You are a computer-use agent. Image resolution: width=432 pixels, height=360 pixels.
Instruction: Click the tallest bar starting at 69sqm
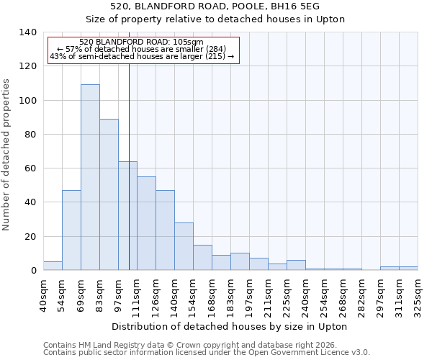tap(90, 177)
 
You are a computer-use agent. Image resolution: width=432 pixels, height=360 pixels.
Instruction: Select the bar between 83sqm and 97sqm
tap(109, 194)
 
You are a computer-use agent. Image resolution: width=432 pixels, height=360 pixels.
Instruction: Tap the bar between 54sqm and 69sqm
tap(71, 230)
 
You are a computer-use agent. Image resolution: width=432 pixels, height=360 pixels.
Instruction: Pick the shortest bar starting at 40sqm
tap(53, 266)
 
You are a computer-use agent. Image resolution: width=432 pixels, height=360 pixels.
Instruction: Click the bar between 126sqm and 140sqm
tap(165, 230)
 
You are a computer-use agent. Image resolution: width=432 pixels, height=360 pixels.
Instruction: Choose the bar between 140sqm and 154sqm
tap(184, 246)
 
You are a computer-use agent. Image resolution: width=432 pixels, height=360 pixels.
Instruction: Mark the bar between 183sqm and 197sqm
tap(240, 261)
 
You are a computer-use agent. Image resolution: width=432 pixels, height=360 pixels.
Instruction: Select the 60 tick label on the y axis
tap(30, 168)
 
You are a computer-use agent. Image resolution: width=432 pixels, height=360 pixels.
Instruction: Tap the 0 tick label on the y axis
tap(33, 271)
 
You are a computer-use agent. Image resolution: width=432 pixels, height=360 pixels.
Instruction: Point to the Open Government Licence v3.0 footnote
tap(207, 353)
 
